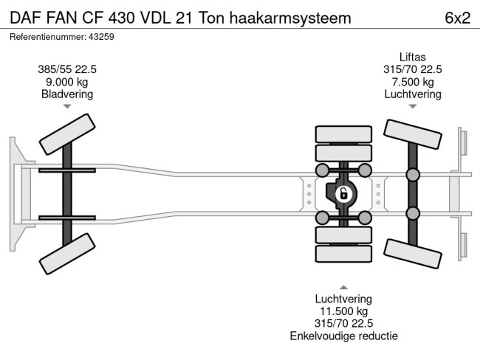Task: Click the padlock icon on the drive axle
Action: pos(343,194)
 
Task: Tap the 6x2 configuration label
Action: pos(458,18)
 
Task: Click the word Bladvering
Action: pos(67,94)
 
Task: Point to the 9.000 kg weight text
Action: pos(67,82)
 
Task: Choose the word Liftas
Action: pos(413,57)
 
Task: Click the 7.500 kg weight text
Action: pos(413,82)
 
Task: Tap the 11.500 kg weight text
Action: pos(343,311)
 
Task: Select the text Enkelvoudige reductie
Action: pos(343,336)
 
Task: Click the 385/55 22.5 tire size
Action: pos(67,69)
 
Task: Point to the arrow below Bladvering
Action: pos(67,107)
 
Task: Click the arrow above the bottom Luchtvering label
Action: pos(343,286)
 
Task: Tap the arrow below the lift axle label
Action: pos(413,107)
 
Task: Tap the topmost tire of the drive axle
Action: pos(343,134)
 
